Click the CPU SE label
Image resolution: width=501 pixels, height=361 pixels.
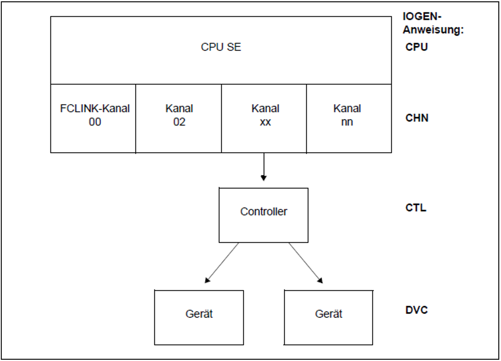pyautogui.click(x=221, y=47)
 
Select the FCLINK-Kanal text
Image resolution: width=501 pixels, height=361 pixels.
pyautogui.click(x=95, y=108)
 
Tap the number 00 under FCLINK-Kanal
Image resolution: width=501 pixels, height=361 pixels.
pyautogui.click(x=95, y=122)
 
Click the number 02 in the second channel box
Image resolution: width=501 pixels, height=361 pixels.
pyautogui.click(x=179, y=122)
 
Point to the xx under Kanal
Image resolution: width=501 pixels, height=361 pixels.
pyautogui.click(x=265, y=122)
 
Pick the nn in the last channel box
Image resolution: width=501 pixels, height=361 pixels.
pyautogui.click(x=347, y=122)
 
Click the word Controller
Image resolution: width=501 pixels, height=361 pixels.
pyautogui.click(x=264, y=211)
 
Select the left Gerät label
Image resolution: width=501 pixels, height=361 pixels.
pyautogui.click(x=199, y=314)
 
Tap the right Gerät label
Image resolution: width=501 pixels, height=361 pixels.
pyautogui.click(x=328, y=314)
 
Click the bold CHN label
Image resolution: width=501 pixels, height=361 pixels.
pyautogui.click(x=417, y=118)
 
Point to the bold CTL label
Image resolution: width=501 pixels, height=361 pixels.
pyautogui.click(x=416, y=208)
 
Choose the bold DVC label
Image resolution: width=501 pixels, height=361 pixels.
pyautogui.click(x=416, y=310)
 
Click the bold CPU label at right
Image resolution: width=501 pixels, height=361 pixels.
pyautogui.click(x=416, y=47)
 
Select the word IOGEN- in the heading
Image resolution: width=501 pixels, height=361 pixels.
pyautogui.click(x=422, y=17)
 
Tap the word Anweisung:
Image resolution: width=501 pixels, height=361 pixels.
pyautogui.click(x=433, y=30)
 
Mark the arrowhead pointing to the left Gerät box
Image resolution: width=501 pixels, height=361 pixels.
pyautogui.click(x=207, y=280)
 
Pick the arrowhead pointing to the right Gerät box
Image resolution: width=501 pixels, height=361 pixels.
pyautogui.click(x=320, y=280)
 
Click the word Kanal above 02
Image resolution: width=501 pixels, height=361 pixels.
pyautogui.click(x=179, y=108)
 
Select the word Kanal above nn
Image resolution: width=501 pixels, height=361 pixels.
pyautogui.click(x=347, y=108)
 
